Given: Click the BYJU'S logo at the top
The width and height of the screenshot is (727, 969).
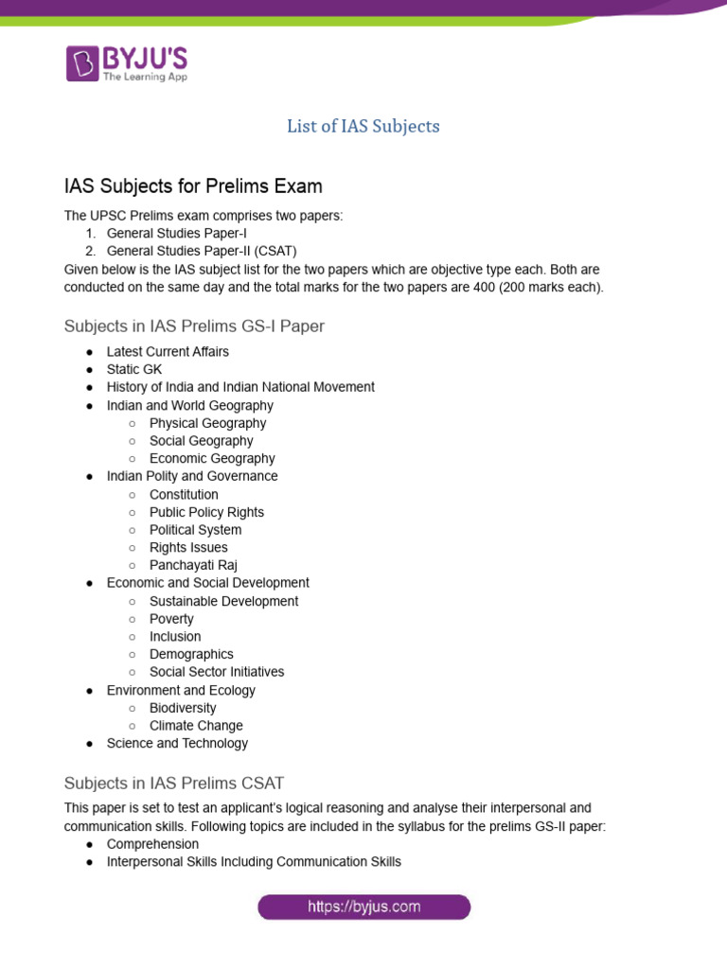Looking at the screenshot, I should pyautogui.click(x=127, y=62).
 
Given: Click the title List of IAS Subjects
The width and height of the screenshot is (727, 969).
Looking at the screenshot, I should pyautogui.click(x=363, y=126).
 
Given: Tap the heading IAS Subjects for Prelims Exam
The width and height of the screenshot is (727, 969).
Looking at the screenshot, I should pyautogui.click(x=193, y=185).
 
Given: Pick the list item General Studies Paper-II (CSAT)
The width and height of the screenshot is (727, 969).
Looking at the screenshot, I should pyautogui.click(x=202, y=251).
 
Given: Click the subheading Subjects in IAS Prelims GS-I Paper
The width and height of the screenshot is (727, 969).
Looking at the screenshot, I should pyautogui.click(x=194, y=326).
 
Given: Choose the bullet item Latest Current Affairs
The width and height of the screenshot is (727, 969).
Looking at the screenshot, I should pyautogui.click(x=168, y=352).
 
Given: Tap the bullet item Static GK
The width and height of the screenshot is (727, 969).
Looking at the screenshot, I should pyautogui.click(x=134, y=369).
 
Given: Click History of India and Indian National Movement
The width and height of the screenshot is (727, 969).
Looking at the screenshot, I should pyautogui.click(x=240, y=387).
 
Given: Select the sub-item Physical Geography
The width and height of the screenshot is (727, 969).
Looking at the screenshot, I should pyautogui.click(x=207, y=423).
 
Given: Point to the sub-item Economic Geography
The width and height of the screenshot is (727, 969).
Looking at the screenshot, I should pyautogui.click(x=212, y=459).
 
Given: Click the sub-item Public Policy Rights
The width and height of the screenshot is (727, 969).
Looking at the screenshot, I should pyautogui.click(x=206, y=512).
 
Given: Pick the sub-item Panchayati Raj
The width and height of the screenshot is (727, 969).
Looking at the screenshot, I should pyautogui.click(x=193, y=565).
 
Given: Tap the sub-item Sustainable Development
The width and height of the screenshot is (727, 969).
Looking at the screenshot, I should pyautogui.click(x=223, y=601).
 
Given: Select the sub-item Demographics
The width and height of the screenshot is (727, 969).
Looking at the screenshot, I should pyautogui.click(x=191, y=654).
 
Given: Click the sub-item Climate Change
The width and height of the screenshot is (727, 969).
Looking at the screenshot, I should pyautogui.click(x=196, y=726).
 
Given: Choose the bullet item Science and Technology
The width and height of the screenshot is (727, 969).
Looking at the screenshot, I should pyautogui.click(x=177, y=744).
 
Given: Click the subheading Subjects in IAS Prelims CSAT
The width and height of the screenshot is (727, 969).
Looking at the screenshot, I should pyautogui.click(x=173, y=784).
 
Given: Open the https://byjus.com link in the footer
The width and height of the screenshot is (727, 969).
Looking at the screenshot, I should pyautogui.click(x=364, y=907).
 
